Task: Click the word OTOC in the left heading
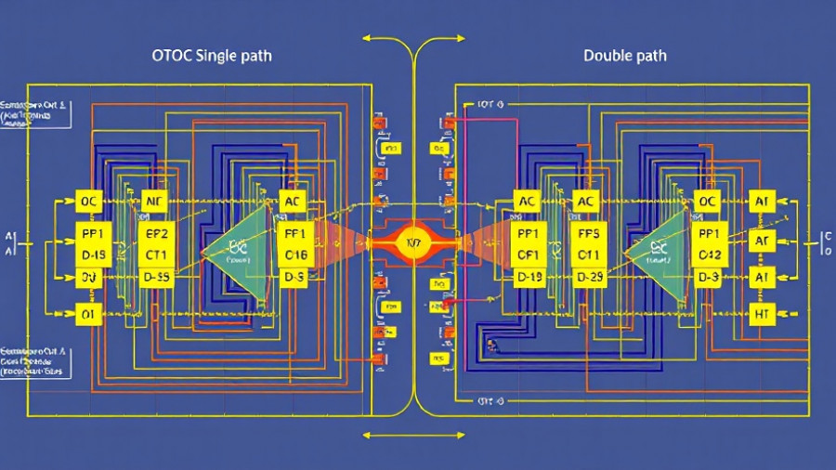pyautogui.click(x=172, y=56)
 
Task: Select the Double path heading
pyautogui.click(x=624, y=56)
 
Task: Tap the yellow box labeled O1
pyautogui.click(x=89, y=315)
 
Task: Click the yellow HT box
pyautogui.click(x=763, y=315)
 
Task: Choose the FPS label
pyautogui.click(x=587, y=233)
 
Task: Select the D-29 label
pyautogui.click(x=587, y=277)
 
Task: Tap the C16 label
pyautogui.click(x=295, y=255)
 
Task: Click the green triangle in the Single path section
pyautogui.click(x=238, y=246)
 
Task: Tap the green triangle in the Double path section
pyautogui.click(x=660, y=246)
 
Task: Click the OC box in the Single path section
pyautogui.click(x=89, y=201)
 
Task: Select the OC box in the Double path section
pyautogui.click(x=709, y=201)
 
